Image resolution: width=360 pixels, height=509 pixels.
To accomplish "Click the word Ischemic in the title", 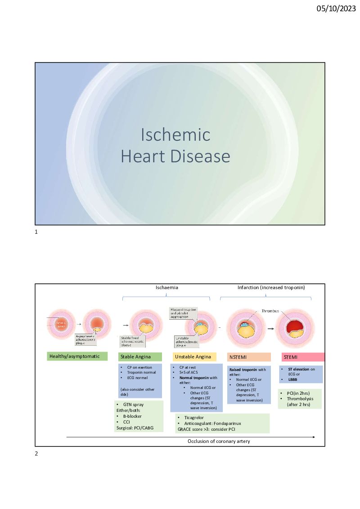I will click(x=175, y=134).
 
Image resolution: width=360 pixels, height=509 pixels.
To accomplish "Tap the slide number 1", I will click(x=36, y=232).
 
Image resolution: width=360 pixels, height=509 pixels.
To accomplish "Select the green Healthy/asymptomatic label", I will click(x=77, y=357).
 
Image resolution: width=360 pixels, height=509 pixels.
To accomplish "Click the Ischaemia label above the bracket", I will click(x=166, y=287).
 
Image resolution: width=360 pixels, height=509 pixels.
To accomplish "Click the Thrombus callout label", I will click(x=270, y=311).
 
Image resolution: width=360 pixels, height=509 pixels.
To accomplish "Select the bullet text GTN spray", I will click(x=133, y=405).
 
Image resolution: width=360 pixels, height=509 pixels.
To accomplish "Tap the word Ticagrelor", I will click(x=194, y=418).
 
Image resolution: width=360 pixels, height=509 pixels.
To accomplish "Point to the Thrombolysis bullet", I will click(x=300, y=399).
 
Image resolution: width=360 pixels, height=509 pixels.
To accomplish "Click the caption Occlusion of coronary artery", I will click(x=219, y=441).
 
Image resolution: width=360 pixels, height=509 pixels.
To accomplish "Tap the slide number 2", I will click(x=36, y=453).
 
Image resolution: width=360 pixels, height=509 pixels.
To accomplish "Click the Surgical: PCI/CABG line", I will click(x=135, y=428).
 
